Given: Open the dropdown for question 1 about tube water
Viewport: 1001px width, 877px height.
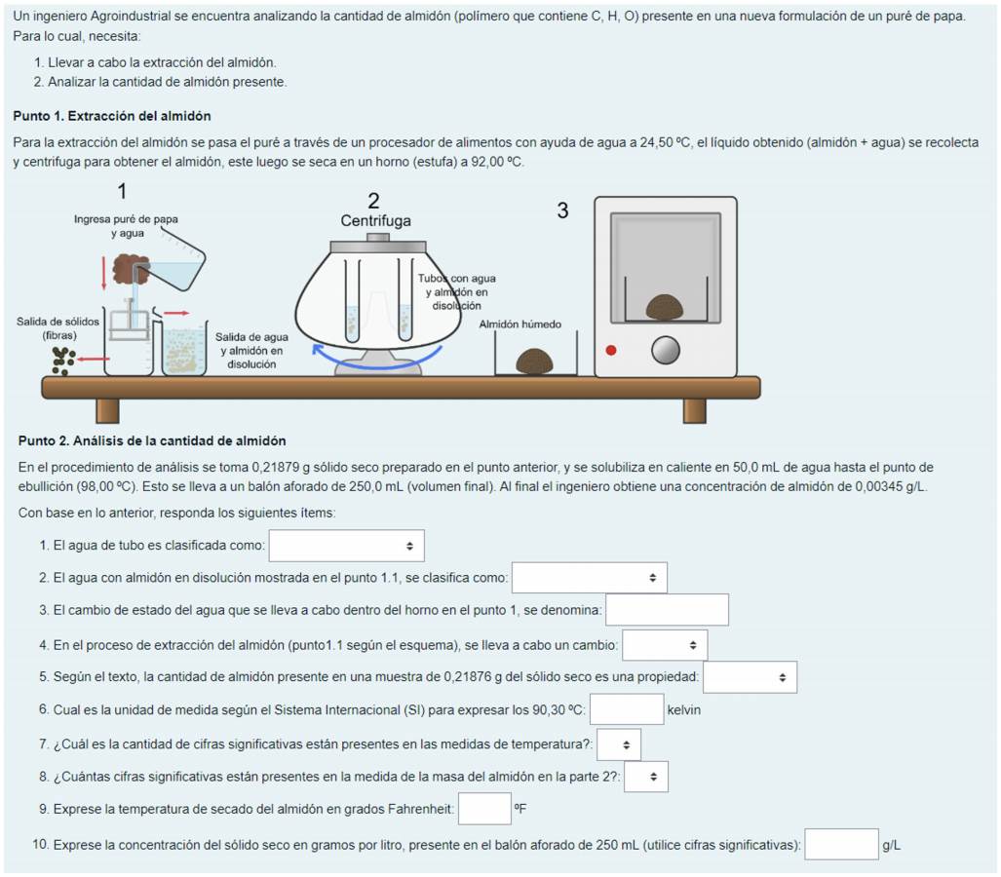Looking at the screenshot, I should pos(346,546).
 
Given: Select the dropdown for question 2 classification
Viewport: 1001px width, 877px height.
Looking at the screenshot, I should pos(589,578).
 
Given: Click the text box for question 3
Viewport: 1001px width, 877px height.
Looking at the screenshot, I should pos(667,610).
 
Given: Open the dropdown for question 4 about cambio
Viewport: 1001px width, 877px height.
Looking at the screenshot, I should pos(665,645).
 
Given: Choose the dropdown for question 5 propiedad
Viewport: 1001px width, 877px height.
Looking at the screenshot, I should pos(750,677).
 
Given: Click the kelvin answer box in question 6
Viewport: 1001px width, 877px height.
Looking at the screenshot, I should pos(626,709).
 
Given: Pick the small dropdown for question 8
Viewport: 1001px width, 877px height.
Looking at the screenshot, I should pos(645,777).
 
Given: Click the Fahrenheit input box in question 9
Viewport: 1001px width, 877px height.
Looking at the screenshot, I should pos(484,809).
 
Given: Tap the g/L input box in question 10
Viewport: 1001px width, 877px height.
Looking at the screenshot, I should pos(841,844).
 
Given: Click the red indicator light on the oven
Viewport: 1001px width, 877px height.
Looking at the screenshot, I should pos(611,350).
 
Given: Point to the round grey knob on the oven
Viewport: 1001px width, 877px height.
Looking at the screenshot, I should pos(666,350).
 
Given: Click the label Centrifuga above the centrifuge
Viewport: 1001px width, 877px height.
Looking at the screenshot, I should pos(375,221).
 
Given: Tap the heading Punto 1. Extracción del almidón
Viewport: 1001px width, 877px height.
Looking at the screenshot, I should pos(112,116).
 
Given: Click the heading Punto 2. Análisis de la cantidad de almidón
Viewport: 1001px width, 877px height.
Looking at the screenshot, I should pos(152,441).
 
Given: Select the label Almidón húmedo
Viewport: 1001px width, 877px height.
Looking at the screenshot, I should pos(520,324).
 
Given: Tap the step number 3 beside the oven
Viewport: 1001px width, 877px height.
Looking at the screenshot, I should pos(562,210).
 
